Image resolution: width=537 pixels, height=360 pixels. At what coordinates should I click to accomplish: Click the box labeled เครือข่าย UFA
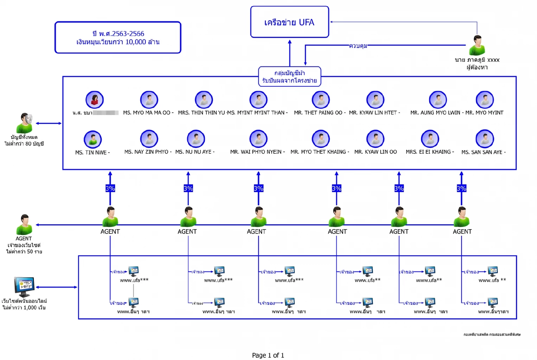290,22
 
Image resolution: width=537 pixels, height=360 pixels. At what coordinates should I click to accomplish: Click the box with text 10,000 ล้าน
118,38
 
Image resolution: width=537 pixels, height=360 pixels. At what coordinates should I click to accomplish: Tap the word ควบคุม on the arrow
358,46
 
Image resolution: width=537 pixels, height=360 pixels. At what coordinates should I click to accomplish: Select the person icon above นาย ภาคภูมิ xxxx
477,45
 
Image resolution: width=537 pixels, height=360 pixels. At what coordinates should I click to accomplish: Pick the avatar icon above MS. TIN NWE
93,139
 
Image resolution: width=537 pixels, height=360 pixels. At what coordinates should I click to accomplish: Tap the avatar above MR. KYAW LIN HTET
375,100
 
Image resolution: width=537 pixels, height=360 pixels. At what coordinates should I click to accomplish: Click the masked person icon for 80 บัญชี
25,123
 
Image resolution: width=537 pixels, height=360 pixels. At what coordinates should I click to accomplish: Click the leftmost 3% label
110,188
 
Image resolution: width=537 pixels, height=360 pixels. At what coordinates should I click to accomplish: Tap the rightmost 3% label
461,188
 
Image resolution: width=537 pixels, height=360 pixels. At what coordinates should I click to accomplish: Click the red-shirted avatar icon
95,100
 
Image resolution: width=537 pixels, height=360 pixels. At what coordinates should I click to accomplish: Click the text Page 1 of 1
268,355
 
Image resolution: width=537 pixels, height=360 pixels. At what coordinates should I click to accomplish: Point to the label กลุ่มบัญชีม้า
290,73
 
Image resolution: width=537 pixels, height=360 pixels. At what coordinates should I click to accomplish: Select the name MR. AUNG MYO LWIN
435,113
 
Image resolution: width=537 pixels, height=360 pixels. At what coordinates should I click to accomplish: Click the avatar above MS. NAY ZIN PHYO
149,139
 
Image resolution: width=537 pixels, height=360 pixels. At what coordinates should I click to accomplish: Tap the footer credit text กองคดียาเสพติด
492,335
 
